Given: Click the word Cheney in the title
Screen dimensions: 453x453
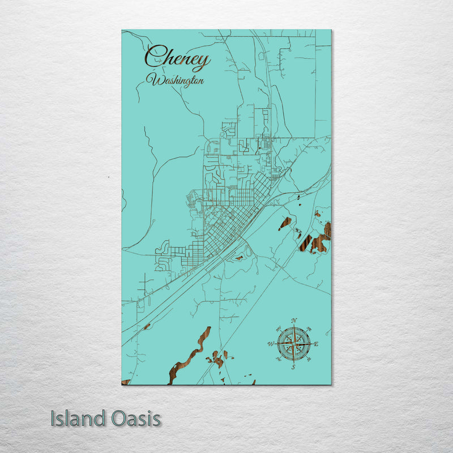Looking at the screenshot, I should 177,58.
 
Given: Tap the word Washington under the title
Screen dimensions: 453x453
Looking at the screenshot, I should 175,80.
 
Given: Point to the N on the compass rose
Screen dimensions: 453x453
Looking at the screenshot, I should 293,321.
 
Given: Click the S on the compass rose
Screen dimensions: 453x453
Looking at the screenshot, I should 293,367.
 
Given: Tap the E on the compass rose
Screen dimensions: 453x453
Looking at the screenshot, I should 316,344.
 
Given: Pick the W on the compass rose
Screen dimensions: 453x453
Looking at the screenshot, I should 270,344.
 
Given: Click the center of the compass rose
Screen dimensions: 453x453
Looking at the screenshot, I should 293,344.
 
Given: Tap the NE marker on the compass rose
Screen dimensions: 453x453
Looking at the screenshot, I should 309,328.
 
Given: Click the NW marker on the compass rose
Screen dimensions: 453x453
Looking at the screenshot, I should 278,328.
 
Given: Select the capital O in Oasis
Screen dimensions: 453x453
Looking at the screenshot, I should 117,419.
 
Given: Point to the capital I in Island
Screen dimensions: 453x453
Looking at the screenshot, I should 53,419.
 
